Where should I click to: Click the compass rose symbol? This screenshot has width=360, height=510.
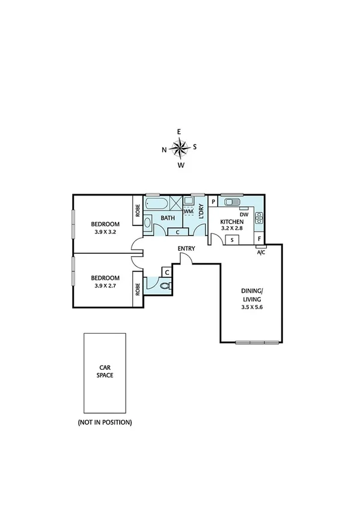(180, 147)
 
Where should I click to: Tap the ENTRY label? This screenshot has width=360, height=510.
(186, 248)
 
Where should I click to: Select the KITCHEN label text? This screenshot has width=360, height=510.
(231, 221)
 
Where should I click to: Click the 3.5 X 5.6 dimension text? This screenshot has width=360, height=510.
(251, 307)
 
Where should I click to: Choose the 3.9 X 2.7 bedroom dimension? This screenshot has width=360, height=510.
(106, 286)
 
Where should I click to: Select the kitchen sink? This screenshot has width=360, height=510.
(230, 202)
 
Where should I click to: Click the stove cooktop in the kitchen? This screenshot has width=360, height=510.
(260, 217)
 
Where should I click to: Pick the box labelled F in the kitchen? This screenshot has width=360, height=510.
(259, 239)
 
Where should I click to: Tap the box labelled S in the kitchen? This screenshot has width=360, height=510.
(233, 240)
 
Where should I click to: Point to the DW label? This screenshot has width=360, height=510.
(244, 214)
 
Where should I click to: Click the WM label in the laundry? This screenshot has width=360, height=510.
(188, 212)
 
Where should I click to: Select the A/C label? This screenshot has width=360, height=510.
(261, 252)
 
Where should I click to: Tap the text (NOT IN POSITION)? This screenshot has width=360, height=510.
(105, 422)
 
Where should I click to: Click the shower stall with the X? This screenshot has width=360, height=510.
(175, 203)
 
